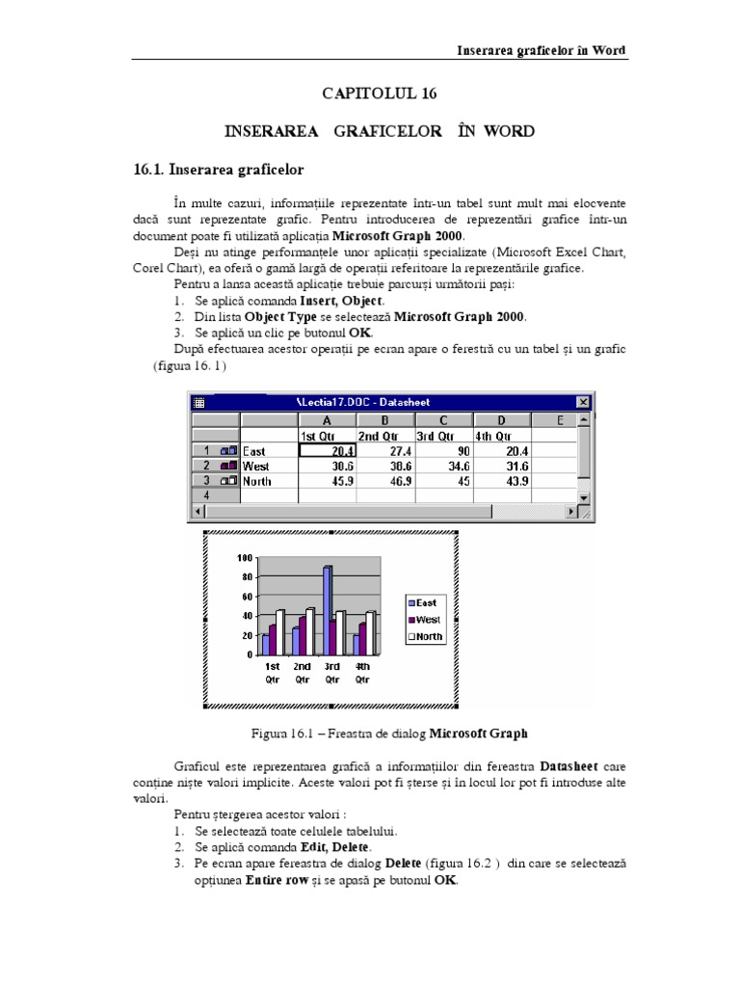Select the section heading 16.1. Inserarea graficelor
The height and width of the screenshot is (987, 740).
click(219, 170)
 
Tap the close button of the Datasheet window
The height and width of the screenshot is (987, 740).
click(582, 402)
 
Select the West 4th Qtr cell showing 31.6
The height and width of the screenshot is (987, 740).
click(501, 466)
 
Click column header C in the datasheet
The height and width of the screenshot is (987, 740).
click(443, 419)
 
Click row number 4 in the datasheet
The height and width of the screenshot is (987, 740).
click(205, 495)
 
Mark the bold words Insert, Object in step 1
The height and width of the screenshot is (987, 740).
click(328, 301)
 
